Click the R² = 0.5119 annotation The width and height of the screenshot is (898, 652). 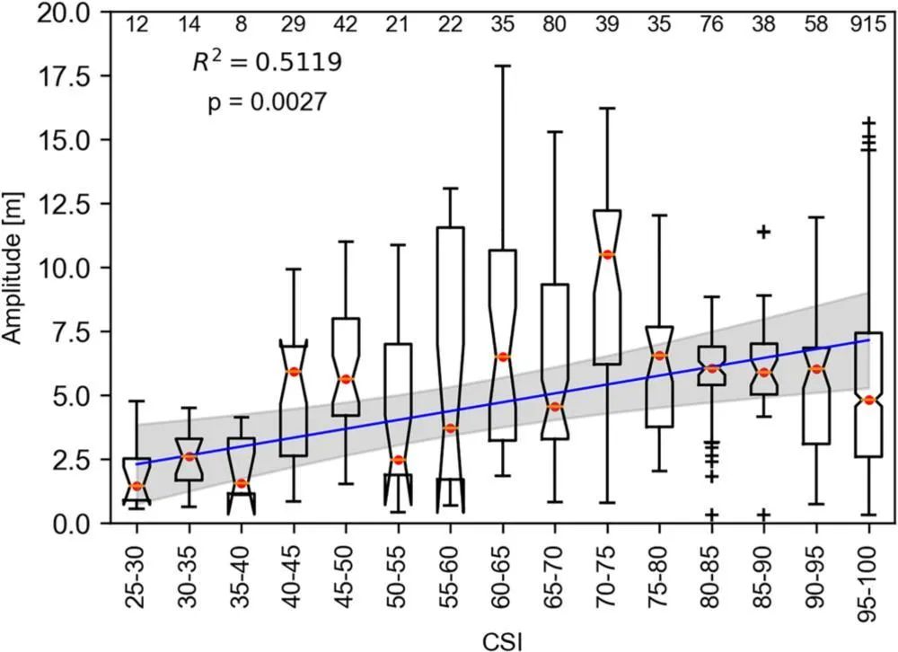pyautogui.click(x=267, y=63)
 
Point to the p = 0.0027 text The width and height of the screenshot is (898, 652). pyautogui.click(x=267, y=102)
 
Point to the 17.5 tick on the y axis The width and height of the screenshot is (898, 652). pyautogui.click(x=64, y=78)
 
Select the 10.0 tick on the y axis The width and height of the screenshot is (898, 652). pyautogui.click(x=64, y=268)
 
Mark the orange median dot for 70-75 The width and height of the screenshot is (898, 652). pyautogui.click(x=607, y=255)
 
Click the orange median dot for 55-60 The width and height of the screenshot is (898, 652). pyautogui.click(x=451, y=428)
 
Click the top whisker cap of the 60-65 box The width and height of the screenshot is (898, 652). pyautogui.click(x=503, y=66)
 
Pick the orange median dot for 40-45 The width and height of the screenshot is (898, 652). pyautogui.click(x=294, y=371)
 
